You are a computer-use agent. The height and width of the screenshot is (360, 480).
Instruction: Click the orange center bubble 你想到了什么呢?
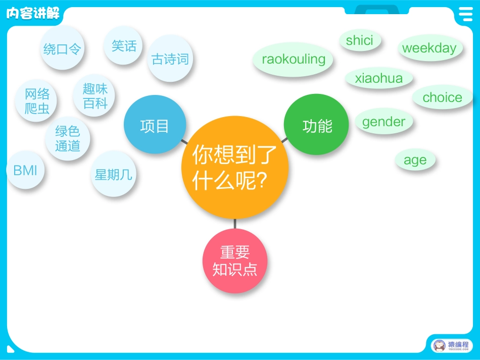click(x=235, y=167)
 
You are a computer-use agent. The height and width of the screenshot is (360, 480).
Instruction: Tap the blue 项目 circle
click(x=155, y=126)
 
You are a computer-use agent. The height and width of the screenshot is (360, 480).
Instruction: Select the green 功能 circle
click(x=317, y=125)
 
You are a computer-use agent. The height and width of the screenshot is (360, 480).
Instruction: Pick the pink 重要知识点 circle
click(x=235, y=261)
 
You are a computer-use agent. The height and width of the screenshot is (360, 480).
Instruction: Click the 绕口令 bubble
click(x=62, y=48)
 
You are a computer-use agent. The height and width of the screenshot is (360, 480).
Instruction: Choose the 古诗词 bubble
click(x=170, y=59)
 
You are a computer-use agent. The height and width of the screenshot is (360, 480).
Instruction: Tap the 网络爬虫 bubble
click(x=37, y=100)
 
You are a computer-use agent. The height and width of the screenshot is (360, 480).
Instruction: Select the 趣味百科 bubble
click(x=95, y=96)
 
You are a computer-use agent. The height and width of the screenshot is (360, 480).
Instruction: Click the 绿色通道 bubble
click(x=68, y=138)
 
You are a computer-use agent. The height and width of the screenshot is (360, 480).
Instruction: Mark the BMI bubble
click(x=25, y=170)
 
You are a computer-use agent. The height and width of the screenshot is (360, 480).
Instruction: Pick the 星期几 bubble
click(x=114, y=174)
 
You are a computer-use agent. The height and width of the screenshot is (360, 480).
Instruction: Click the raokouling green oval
click(x=294, y=60)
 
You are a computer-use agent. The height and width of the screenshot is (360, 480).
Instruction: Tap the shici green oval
click(x=360, y=41)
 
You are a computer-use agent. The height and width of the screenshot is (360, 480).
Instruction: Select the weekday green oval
click(x=429, y=48)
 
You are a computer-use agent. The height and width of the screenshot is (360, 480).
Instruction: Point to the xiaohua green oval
click(x=379, y=78)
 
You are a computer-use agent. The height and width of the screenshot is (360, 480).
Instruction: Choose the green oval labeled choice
click(x=443, y=97)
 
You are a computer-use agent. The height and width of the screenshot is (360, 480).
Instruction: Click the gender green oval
click(x=383, y=122)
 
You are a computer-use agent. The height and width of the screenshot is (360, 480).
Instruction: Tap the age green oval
click(x=415, y=160)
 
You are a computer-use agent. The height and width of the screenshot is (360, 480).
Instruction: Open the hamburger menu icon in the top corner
click(x=465, y=14)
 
